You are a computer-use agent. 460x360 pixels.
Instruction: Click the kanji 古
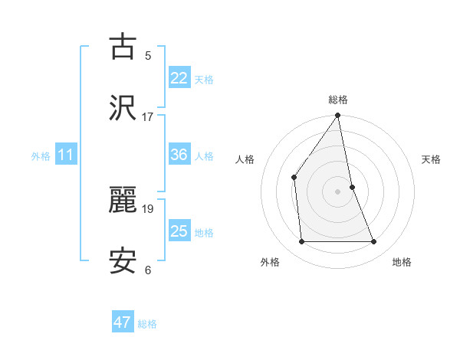[x=123, y=47]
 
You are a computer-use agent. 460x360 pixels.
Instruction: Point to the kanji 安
[x=123, y=260]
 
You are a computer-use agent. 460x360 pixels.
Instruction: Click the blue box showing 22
[x=179, y=78]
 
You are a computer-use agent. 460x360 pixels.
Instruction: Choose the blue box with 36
[x=179, y=155]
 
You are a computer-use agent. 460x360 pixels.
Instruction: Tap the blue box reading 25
[x=179, y=231]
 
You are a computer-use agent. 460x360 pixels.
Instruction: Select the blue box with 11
[x=66, y=155]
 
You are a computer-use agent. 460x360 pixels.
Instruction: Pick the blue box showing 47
[x=123, y=322]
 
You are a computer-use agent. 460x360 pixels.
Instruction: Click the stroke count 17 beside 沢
[x=147, y=117]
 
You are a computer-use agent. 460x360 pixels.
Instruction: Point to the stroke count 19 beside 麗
[x=147, y=208]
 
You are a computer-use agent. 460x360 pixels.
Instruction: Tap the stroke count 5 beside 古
[x=147, y=56]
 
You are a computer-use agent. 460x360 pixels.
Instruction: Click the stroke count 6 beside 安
[x=147, y=270]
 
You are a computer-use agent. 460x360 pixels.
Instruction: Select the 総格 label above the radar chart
[x=338, y=100]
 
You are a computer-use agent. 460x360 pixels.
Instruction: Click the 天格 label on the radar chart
[x=432, y=159]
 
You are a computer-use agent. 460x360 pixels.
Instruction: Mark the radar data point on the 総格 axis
[x=338, y=116]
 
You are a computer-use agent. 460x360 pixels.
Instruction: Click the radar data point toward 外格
[x=301, y=242]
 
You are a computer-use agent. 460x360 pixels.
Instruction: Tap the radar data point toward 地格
[x=374, y=242]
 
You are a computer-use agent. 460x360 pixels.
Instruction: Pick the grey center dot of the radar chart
[x=338, y=191]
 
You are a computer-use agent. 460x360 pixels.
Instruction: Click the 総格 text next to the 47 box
[x=147, y=324]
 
